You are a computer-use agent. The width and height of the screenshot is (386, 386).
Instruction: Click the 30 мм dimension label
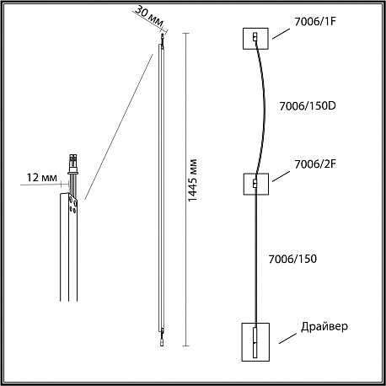pyautogui.click(x=149, y=16)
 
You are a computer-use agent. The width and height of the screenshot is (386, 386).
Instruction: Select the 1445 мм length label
pyautogui.click(x=192, y=180)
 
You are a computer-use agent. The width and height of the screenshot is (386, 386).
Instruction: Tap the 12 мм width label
pyautogui.click(x=42, y=178)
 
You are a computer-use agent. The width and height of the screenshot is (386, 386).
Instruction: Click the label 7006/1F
pyautogui.click(x=315, y=22)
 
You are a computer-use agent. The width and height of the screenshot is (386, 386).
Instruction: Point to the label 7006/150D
pyautogui.click(x=308, y=106)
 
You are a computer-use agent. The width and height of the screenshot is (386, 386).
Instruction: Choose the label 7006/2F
pyautogui.click(x=315, y=164)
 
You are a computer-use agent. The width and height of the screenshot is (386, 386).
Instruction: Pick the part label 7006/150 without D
pyautogui.click(x=292, y=259)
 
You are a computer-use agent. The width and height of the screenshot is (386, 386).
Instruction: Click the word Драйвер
pyautogui.click(x=324, y=327)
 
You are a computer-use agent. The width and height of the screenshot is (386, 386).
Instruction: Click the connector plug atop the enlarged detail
pyautogui.click(x=73, y=161)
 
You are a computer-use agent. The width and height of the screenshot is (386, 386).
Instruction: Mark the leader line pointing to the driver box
pyautogui.click(x=287, y=339)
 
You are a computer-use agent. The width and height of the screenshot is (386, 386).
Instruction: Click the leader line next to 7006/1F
pyautogui.click(x=281, y=34)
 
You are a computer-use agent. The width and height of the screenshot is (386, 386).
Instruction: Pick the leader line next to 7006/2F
pyautogui.click(x=281, y=176)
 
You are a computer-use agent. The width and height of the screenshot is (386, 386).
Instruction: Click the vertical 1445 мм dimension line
pyautogui.click(x=185, y=190)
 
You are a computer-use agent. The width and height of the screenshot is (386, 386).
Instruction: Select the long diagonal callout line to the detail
pyautogui.click(x=119, y=126)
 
